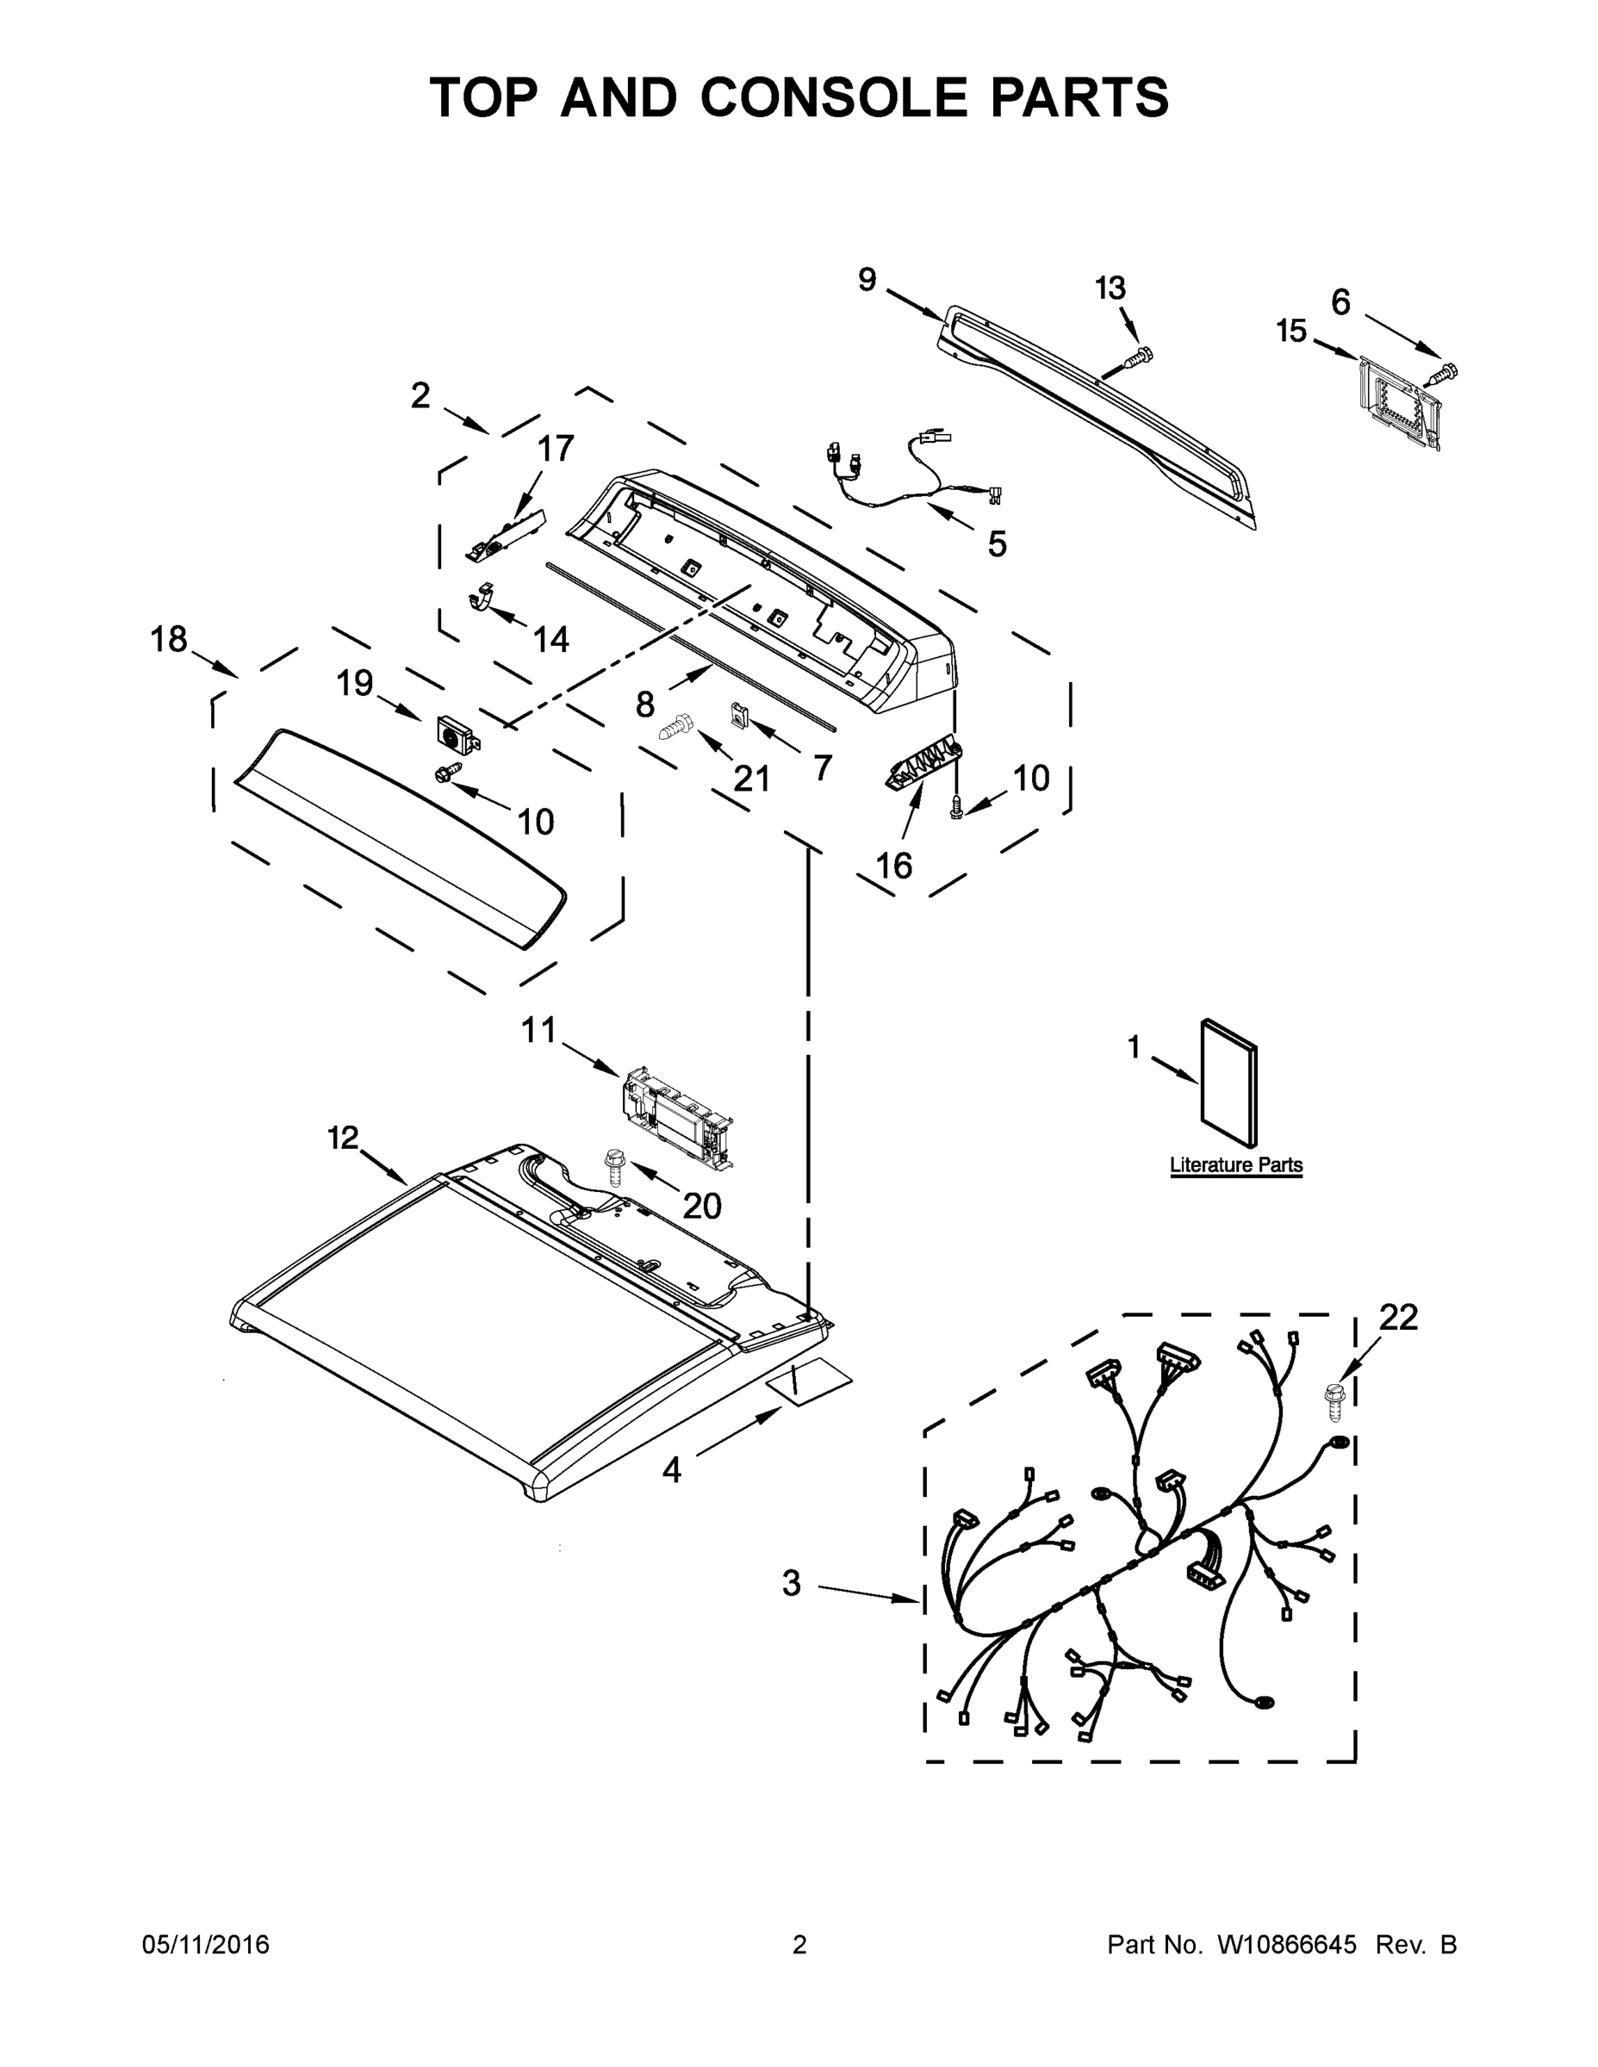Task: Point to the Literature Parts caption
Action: tap(1235, 1165)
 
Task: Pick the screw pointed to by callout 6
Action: tap(1445, 373)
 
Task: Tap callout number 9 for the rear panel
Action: tap(867, 280)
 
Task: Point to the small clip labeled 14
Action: tap(482, 599)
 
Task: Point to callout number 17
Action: tap(556, 448)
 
